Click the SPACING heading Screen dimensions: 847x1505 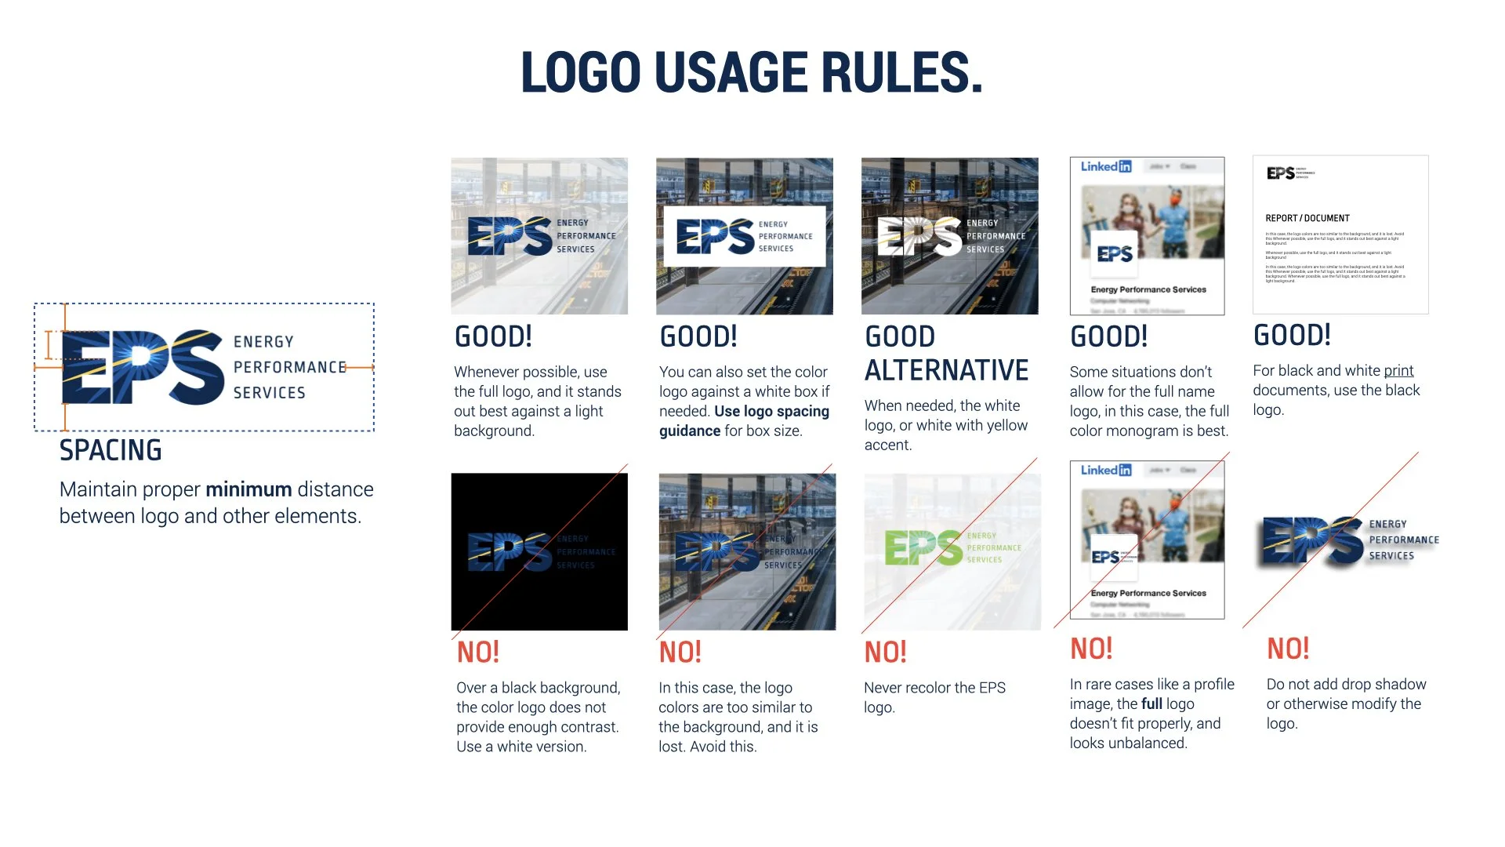click(x=111, y=450)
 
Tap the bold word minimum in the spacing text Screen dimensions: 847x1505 click(x=248, y=489)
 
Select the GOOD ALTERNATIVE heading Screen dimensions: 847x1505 click(x=946, y=354)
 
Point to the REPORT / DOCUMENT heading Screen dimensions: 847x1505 click(x=1307, y=218)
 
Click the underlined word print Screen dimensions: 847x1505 click(x=1398, y=370)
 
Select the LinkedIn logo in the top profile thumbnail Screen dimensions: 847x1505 click(x=1106, y=166)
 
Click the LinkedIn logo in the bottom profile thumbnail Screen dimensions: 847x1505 click(x=1106, y=470)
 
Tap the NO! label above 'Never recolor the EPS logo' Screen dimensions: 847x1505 click(x=885, y=652)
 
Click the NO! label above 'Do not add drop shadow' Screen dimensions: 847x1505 click(x=1288, y=649)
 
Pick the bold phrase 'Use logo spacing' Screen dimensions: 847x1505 click(x=771, y=411)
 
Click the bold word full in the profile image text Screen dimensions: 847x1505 click(x=1151, y=703)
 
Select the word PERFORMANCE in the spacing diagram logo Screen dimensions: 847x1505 click(x=289, y=367)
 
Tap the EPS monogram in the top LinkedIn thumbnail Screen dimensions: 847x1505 click(x=1115, y=254)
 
